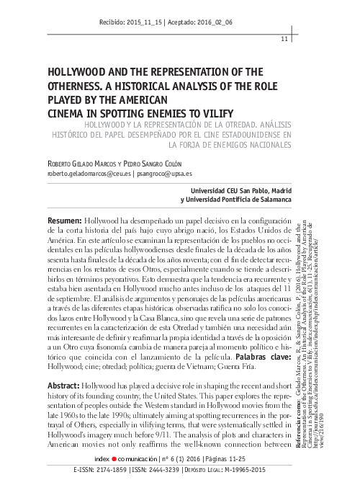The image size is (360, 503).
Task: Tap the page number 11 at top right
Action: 284,39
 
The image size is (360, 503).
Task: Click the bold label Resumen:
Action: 63,219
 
